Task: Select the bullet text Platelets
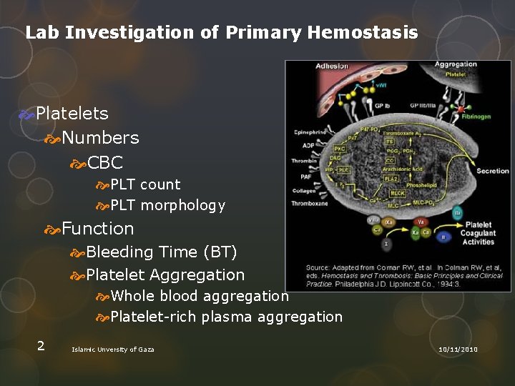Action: pyautogui.click(x=72, y=113)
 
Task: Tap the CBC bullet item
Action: pyautogui.click(x=104, y=163)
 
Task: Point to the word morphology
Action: pyautogui.click(x=182, y=206)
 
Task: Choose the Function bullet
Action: pyautogui.click(x=98, y=229)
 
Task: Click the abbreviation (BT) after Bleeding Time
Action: pyautogui.click(x=220, y=252)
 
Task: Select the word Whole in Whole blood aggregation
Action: pyautogui.click(x=133, y=296)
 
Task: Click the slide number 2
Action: pyautogui.click(x=41, y=346)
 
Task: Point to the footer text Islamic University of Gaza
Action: pyautogui.click(x=112, y=349)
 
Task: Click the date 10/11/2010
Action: pyautogui.click(x=458, y=349)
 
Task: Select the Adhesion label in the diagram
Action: pyautogui.click(x=332, y=66)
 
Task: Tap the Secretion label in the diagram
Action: pyautogui.click(x=493, y=171)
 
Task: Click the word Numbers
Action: pyautogui.click(x=100, y=137)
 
